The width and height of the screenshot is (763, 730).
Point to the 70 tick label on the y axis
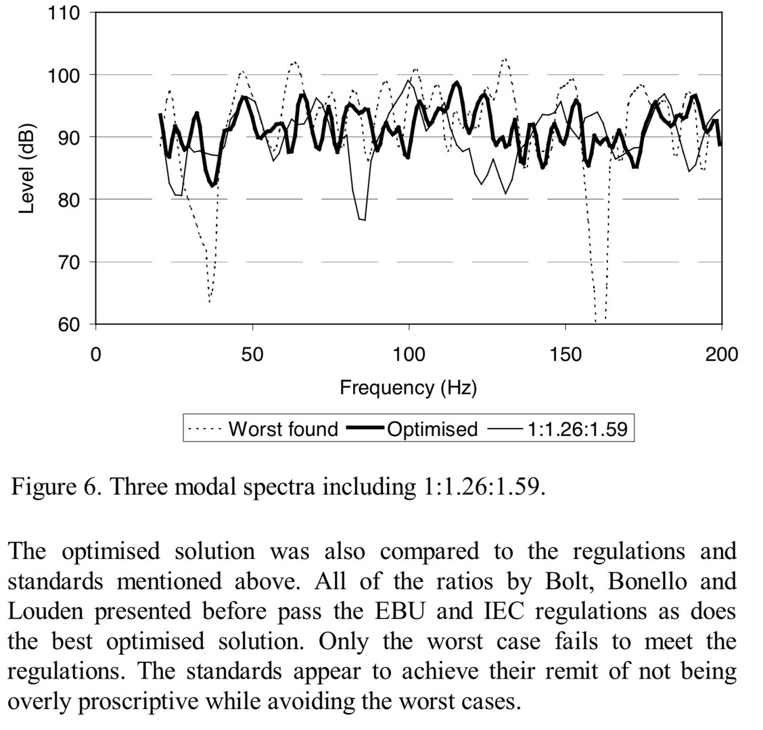point(72,262)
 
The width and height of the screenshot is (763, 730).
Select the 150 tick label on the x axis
point(565,355)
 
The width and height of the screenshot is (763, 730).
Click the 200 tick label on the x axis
point(722,355)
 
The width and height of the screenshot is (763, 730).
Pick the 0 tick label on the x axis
point(96,355)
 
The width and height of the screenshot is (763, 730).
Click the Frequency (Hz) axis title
point(409,388)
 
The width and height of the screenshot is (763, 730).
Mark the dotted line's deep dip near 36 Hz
point(210,300)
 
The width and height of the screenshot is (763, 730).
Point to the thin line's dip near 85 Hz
point(363,220)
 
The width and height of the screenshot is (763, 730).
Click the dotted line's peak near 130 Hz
point(505,59)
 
